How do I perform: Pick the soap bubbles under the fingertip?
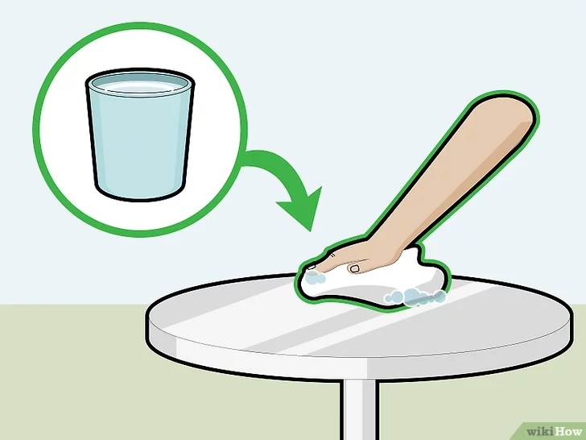316,278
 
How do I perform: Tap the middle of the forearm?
451,177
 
